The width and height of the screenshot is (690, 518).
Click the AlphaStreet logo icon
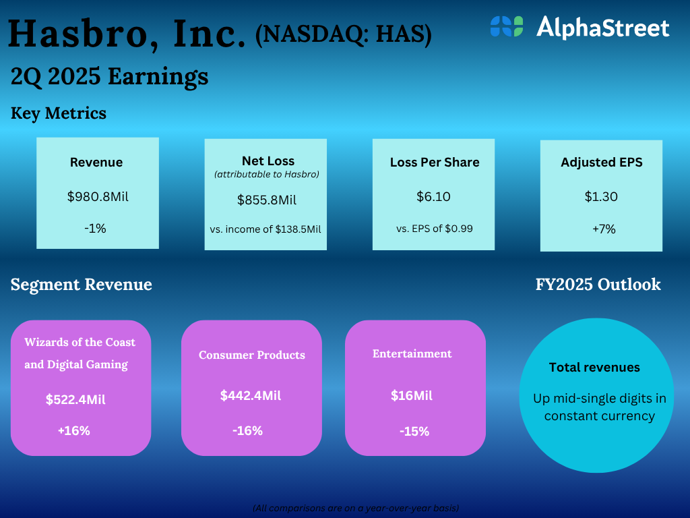[x=507, y=26]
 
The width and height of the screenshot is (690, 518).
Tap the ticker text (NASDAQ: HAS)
[x=343, y=34]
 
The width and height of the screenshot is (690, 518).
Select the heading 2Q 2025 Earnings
[x=109, y=76]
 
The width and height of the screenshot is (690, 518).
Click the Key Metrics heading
[x=59, y=113]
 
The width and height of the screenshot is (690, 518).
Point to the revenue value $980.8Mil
[x=98, y=196]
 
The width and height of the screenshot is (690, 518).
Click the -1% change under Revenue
[x=95, y=228]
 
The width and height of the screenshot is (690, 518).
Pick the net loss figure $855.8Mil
[x=267, y=200]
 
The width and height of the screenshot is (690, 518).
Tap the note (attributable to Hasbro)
[x=267, y=175]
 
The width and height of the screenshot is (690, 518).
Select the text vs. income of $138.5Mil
[x=265, y=229]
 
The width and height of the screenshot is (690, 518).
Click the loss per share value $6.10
[x=433, y=196]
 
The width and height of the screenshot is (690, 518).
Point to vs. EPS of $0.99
[x=435, y=229]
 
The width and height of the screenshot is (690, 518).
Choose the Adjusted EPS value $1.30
[x=601, y=196]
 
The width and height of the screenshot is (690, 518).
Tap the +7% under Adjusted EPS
[x=604, y=229]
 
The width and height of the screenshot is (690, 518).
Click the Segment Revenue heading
[x=82, y=285]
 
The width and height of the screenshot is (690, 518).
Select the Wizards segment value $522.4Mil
[x=75, y=399]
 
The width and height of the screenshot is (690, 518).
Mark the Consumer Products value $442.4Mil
[x=251, y=395]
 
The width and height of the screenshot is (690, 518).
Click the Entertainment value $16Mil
[x=412, y=395]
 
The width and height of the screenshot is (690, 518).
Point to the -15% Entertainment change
[x=414, y=431]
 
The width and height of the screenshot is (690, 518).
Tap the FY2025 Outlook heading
[x=598, y=285]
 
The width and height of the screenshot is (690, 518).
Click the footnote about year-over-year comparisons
[x=356, y=508]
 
